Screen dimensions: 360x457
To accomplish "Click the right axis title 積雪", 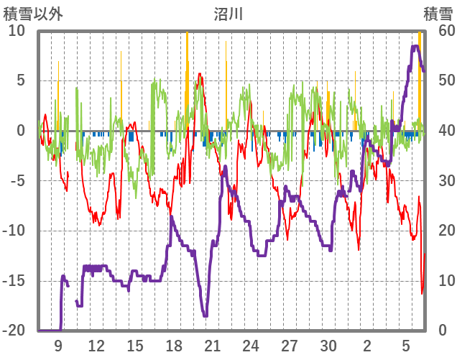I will click(438, 14).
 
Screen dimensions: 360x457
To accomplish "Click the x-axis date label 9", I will click(58, 346).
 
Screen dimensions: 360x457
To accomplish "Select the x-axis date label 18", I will click(174, 346).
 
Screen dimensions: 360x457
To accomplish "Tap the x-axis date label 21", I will click(212, 346).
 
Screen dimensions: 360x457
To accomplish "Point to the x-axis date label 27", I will click(290, 346).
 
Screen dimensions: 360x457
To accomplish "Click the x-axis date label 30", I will click(328, 346).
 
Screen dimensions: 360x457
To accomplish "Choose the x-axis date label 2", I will click(367, 346).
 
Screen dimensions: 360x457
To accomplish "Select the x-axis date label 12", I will click(96, 346).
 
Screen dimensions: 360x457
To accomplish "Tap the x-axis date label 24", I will click(251, 346).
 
